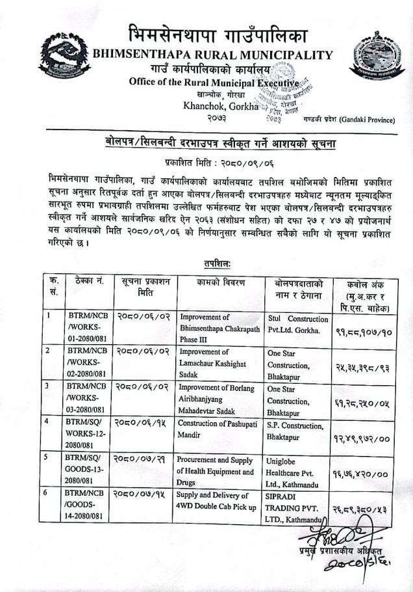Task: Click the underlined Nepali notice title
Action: click(218, 142)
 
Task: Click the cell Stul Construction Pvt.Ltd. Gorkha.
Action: click(298, 325)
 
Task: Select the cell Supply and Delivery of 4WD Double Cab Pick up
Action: click(216, 502)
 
